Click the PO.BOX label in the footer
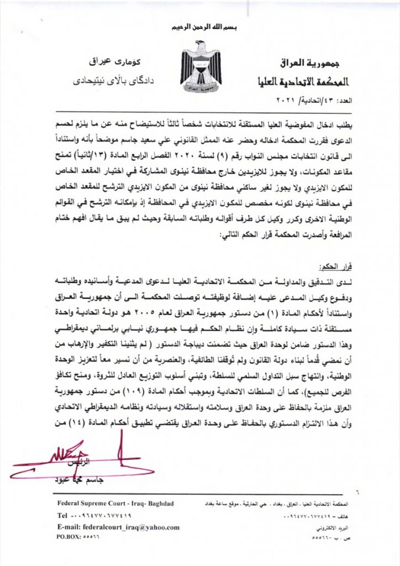pos(69,537)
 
